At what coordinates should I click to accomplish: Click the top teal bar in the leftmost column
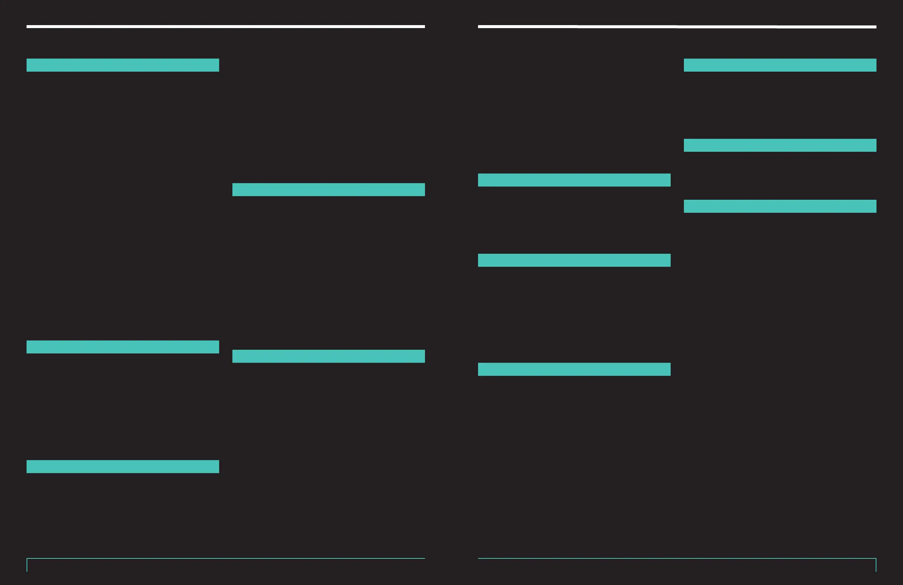pos(122,65)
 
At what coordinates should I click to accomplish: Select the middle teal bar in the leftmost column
pos(122,347)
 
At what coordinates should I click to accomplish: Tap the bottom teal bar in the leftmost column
pos(122,466)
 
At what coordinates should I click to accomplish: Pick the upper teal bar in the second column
pos(329,189)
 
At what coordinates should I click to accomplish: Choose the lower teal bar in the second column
pos(329,356)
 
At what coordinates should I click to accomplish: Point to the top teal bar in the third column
pos(574,180)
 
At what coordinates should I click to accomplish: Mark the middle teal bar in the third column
pos(574,260)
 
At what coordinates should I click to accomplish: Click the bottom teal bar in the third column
pos(574,369)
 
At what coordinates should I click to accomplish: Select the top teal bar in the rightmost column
pos(780,65)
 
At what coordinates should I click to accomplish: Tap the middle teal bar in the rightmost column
pos(780,145)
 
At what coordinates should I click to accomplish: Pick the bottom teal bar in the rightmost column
pos(780,206)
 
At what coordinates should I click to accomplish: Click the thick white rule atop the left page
pos(226,27)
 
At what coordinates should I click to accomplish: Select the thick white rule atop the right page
pos(677,27)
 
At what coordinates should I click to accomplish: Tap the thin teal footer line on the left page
pos(226,558)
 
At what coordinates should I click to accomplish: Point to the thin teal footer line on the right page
pos(677,558)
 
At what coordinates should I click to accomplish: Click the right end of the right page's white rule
pos(875,27)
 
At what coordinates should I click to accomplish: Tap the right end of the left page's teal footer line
pos(423,558)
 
